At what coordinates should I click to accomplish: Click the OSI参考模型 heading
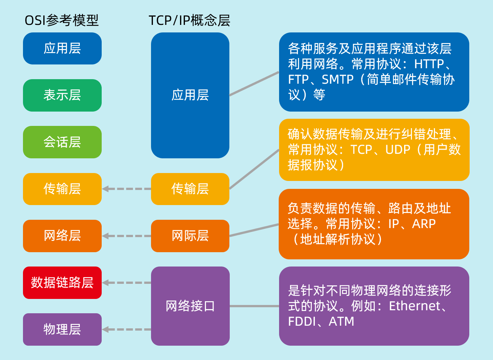(61, 20)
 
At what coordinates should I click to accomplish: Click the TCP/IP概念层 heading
(189, 20)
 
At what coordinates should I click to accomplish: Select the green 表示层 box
(62, 95)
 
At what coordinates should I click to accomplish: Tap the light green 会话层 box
(62, 142)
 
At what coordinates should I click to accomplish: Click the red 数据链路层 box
(62, 283)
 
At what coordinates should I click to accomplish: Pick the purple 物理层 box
(62, 329)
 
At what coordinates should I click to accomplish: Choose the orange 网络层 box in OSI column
(62, 236)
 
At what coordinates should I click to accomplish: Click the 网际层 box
(190, 236)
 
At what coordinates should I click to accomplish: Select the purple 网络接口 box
(190, 306)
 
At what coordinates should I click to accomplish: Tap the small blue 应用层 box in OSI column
(62, 49)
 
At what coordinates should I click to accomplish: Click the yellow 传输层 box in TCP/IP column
(190, 189)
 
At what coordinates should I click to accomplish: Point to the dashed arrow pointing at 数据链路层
(126, 283)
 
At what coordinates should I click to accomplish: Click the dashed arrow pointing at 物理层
(126, 329)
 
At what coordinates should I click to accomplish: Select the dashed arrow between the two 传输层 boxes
(126, 189)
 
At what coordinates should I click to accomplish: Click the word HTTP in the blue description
(429, 64)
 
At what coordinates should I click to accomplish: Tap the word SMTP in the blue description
(337, 80)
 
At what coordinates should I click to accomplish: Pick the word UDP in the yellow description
(398, 150)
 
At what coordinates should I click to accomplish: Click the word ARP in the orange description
(424, 224)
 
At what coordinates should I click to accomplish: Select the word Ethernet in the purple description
(414, 306)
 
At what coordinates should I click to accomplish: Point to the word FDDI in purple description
(301, 322)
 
